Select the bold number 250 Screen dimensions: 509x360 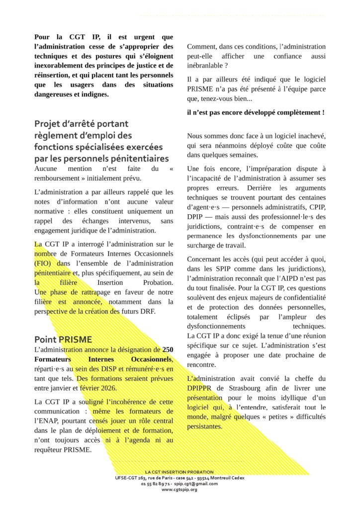coord(168,349)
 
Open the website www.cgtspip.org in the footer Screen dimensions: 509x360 coord(180,490)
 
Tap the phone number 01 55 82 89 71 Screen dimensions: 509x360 coord(156,484)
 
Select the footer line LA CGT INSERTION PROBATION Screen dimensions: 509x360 coord(180,472)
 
